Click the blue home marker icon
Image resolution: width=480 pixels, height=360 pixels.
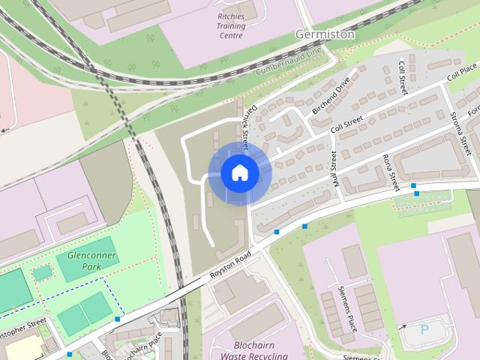[239, 172]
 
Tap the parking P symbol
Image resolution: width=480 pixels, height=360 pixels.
[426, 329]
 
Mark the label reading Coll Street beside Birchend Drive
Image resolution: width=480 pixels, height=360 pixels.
[346, 124]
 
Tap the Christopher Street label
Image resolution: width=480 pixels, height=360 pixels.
[22, 329]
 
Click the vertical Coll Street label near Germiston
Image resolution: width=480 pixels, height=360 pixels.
[403, 77]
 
